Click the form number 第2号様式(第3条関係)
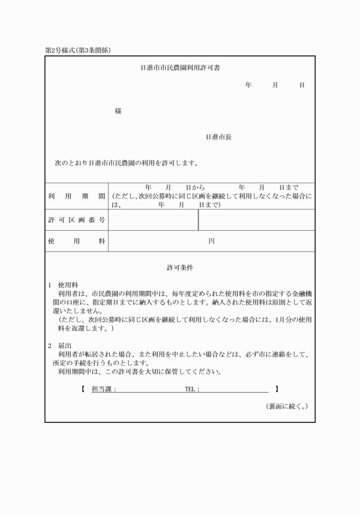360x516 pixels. tap(78, 50)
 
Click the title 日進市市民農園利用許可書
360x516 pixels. tap(180, 67)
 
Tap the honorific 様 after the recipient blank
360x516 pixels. tap(118, 111)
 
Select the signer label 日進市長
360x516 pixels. tap(218, 137)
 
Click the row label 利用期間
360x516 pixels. tap(76, 196)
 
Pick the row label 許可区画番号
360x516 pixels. tap(76, 220)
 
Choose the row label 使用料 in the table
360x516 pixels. tap(76, 241)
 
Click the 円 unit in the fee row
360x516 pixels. tap(211, 241)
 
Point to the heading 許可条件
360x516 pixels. tap(180, 267)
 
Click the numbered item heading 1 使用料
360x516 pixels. tap(63, 284)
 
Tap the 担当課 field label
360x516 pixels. tap(104, 389)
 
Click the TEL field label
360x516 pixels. tap(192, 389)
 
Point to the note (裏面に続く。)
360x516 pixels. tap(287, 406)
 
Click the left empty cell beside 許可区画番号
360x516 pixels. tap(153, 220)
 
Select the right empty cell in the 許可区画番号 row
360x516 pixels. tap(257, 220)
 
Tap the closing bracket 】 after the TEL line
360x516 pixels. tap(277, 389)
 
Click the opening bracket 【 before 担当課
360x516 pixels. tap(83, 389)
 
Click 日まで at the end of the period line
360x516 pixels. tap(289, 187)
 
